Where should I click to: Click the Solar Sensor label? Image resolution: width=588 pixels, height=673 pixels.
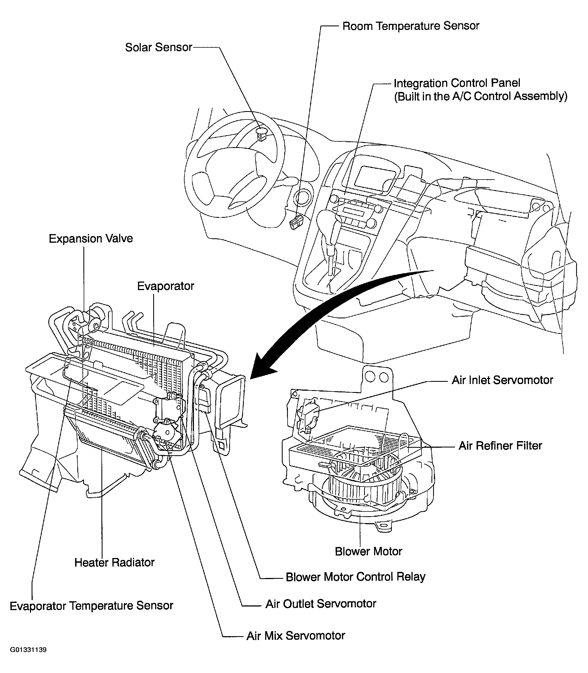(158, 47)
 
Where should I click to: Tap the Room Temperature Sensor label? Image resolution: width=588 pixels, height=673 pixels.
(411, 26)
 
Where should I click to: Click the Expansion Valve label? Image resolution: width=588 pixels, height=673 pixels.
(91, 239)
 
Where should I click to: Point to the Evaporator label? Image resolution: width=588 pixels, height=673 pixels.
(165, 286)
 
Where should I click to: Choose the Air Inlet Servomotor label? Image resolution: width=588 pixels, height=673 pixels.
(502, 380)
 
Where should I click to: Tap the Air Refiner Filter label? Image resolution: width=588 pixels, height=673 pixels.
(500, 446)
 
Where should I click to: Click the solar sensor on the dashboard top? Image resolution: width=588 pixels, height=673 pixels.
(261, 133)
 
